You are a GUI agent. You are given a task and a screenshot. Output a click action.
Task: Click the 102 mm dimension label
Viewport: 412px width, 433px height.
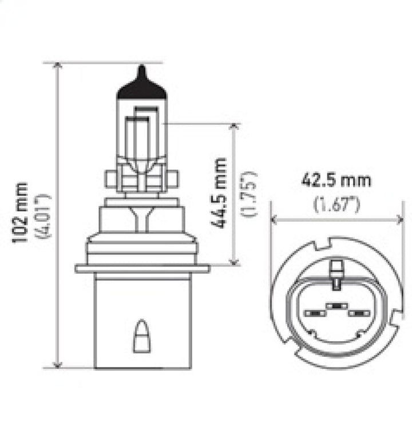21,212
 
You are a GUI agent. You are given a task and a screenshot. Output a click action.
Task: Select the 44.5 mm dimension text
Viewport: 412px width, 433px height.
220,193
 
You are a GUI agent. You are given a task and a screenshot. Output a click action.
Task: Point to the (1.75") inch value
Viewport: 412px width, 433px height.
249,194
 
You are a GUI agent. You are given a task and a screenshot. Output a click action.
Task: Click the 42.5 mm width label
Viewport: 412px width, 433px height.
336,180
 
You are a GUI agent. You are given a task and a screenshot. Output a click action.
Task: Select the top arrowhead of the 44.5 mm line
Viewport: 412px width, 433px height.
233,126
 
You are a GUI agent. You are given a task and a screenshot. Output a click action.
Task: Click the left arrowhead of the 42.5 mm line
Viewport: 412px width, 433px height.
274,219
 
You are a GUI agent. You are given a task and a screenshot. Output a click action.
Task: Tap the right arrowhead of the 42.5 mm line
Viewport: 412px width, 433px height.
400,219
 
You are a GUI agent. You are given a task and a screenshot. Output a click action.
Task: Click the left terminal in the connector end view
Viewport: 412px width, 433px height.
314,313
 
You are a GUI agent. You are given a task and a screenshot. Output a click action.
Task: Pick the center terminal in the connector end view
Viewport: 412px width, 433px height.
337,306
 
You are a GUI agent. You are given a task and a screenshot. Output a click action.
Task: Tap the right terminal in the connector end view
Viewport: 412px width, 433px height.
360,313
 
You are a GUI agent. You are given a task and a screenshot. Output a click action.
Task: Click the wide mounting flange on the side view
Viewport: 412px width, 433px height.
142,268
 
